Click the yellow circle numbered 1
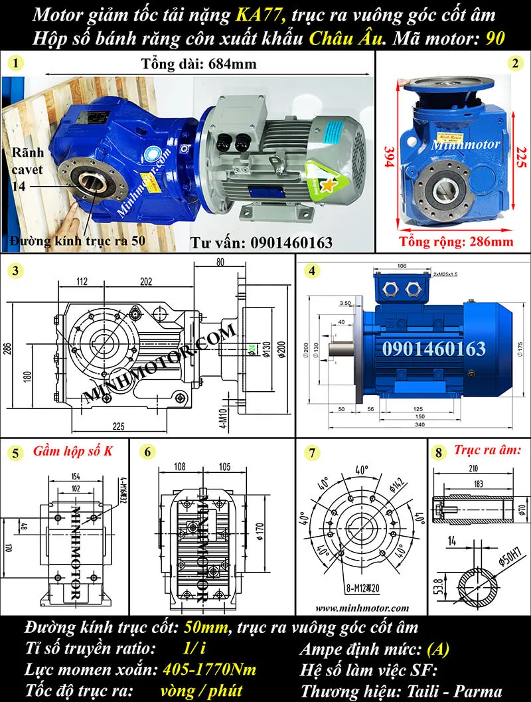(15, 64)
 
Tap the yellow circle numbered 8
(436, 455)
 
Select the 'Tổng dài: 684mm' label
(199, 64)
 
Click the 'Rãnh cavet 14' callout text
(27, 170)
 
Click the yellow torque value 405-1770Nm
(209, 669)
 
